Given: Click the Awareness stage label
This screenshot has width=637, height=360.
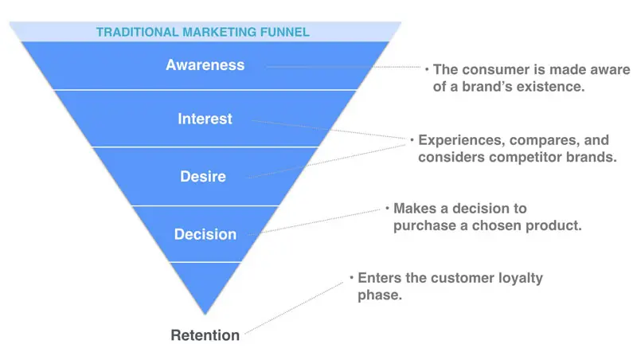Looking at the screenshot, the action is [x=205, y=65].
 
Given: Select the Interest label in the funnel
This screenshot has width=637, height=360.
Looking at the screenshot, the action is [x=205, y=119].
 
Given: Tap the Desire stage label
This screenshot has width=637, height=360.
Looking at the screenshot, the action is [x=203, y=176].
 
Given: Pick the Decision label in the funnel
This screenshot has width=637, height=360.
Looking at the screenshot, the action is [x=205, y=234].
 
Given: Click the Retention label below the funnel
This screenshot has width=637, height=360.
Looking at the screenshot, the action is [x=205, y=335].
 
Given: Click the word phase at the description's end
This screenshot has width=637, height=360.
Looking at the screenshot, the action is [x=379, y=295].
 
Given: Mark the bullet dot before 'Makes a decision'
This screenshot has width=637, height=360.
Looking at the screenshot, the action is [x=387, y=208].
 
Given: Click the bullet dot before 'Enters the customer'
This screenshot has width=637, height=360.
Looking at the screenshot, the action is [x=351, y=278].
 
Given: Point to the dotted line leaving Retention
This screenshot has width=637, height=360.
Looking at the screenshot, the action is [x=294, y=307].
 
